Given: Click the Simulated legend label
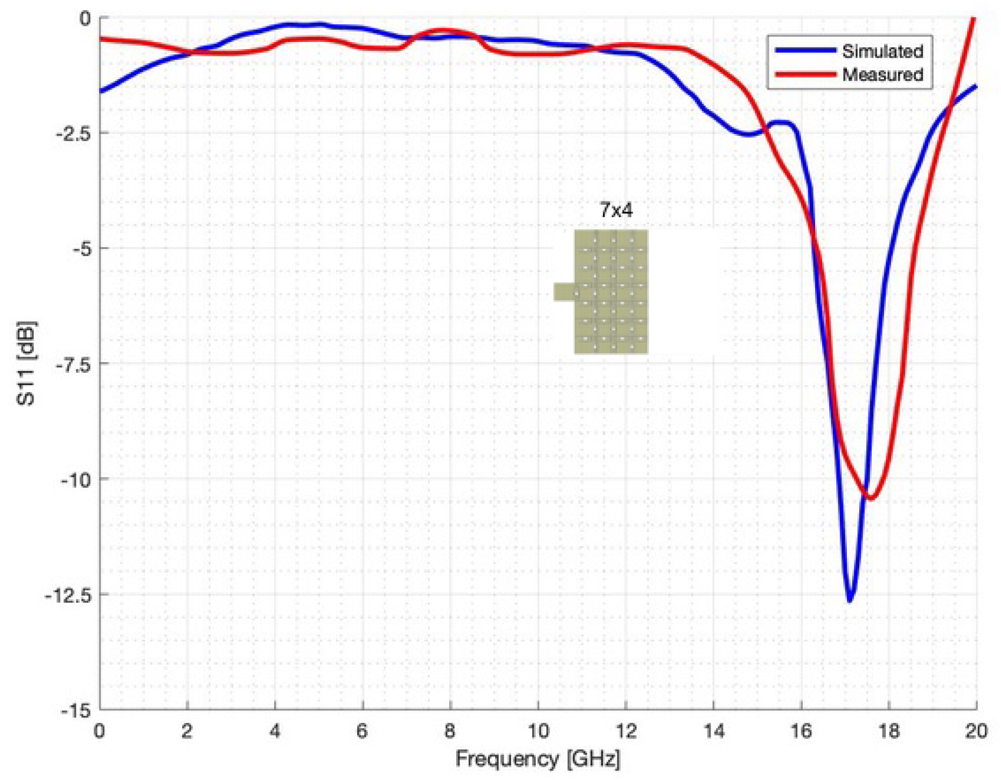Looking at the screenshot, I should point(882,51).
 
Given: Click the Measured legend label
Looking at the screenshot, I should point(882,74).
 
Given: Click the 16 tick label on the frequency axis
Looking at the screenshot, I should point(801,732).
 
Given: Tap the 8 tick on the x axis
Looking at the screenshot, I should point(450,732).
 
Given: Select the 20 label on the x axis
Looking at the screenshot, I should point(976,732).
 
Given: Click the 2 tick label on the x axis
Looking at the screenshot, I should point(187,732).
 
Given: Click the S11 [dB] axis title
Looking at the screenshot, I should point(26,363).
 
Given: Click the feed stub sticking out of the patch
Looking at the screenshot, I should point(565,291).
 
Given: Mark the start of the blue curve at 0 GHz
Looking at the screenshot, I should point(101,91).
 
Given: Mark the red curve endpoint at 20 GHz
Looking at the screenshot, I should point(974,19).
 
